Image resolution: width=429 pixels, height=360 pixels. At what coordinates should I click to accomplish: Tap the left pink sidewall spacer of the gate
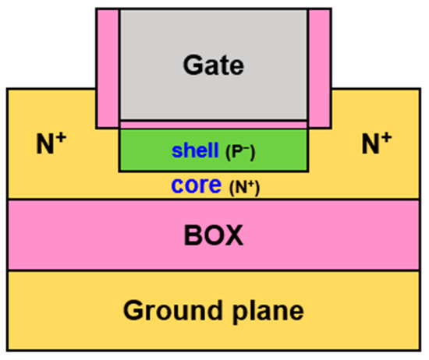point(107,69)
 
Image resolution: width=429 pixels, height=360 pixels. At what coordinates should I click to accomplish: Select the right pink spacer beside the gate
point(318,69)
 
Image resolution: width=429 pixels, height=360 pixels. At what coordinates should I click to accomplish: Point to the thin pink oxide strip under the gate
point(213,125)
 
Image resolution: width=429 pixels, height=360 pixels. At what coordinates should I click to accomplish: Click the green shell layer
point(140,150)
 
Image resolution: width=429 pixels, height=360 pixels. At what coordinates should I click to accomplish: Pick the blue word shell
point(197,150)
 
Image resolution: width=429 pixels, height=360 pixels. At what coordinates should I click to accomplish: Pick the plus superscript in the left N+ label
point(61,138)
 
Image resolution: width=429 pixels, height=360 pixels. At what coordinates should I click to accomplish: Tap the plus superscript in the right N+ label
point(387,138)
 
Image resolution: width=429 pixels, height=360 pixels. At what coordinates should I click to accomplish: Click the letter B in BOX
point(192,235)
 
